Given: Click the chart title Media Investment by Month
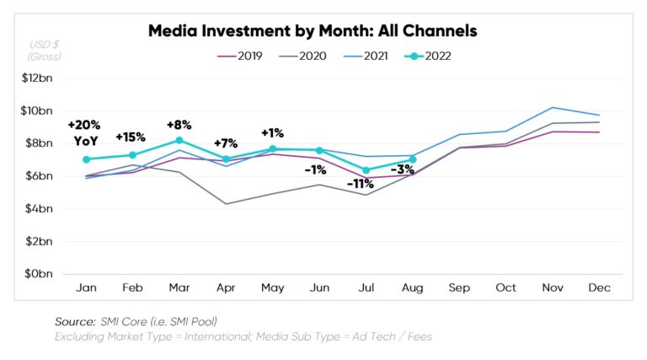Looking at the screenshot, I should coord(313,31).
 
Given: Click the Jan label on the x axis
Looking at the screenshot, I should coord(86,288).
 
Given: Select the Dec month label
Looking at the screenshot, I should coord(599,288).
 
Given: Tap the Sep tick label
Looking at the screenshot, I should coord(459,288).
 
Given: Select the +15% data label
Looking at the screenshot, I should coord(131,137).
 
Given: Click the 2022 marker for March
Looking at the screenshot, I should coord(179,141).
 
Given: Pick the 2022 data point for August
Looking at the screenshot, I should coord(413,159).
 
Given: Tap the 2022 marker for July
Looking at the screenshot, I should coord(366,170).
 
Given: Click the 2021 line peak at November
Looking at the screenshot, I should coord(552,108).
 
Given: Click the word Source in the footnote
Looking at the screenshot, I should coord(73,321).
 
